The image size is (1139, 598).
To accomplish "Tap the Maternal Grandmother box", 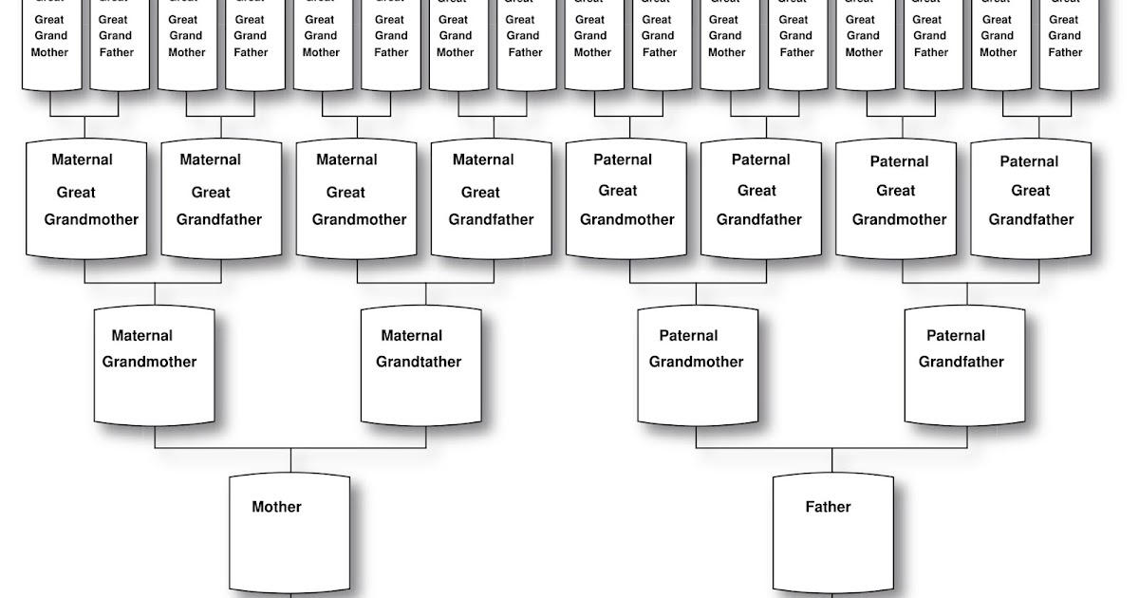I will (155, 365).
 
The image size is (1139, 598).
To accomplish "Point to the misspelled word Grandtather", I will (419, 362).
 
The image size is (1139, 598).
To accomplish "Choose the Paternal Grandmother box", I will (697, 365).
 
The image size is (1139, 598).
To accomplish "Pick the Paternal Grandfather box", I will (964, 365).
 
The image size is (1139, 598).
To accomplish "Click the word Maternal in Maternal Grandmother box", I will (141, 335).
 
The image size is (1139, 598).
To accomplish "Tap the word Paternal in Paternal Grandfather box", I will (956, 335).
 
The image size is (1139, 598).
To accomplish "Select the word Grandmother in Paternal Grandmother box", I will (696, 362).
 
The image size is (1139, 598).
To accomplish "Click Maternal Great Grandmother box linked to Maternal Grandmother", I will (86, 198).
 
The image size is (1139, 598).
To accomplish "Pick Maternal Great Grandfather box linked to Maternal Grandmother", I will (221, 198).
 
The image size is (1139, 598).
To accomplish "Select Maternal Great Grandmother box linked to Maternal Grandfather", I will (357, 198).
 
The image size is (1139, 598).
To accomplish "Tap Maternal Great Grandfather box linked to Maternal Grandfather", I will (492, 198).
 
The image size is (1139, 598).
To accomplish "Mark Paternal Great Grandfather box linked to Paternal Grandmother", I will (761, 198).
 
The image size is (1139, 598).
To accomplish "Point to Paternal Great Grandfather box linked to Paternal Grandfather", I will (1032, 198).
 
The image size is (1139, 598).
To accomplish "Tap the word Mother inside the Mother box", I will (276, 507).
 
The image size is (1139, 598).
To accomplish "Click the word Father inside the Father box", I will (828, 507).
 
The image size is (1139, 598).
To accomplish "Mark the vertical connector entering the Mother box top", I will (290, 461).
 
